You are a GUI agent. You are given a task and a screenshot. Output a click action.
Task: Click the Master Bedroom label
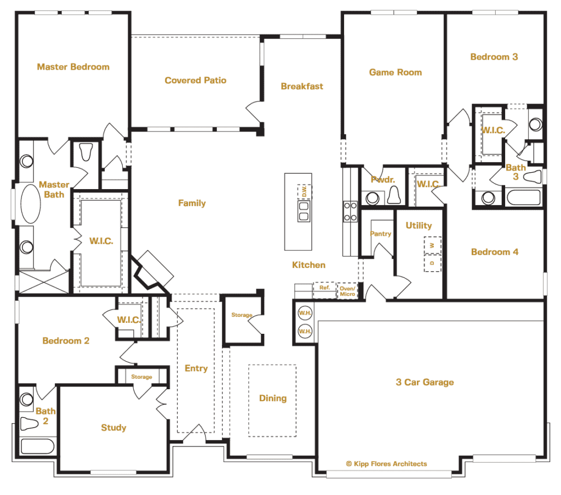pyautogui.click(x=73, y=67)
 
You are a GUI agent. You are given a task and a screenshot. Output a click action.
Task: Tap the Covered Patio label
pyautogui.click(x=195, y=81)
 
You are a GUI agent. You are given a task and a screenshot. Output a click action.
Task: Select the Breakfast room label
pyautogui.click(x=302, y=86)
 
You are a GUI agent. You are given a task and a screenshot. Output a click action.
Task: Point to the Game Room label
pyautogui.click(x=395, y=72)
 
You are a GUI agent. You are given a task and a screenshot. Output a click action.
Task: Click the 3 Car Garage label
pyautogui.click(x=425, y=382)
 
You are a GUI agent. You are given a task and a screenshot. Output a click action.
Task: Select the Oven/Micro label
pyautogui.click(x=347, y=291)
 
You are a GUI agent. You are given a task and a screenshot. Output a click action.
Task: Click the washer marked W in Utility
pyautogui.click(x=432, y=245)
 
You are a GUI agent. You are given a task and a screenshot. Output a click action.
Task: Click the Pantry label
pyautogui.click(x=380, y=234)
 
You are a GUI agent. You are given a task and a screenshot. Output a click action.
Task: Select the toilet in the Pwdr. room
pyautogui.click(x=393, y=195)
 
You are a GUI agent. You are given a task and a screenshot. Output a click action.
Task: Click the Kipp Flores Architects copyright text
pyautogui.click(x=386, y=464)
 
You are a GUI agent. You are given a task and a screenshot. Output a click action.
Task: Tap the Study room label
pyautogui.click(x=113, y=428)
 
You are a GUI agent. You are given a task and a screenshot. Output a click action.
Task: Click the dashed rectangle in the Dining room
pyautogui.click(x=272, y=401)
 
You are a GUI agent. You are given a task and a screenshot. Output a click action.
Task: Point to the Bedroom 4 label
pyautogui.click(x=494, y=252)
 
